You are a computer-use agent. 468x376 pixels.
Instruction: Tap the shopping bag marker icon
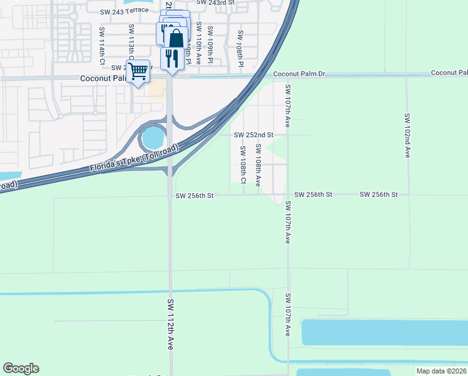point(176,38)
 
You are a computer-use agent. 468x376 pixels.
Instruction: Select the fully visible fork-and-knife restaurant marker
point(171,58)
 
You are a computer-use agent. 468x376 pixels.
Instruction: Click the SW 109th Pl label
point(210,44)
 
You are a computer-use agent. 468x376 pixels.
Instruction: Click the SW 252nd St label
point(253,135)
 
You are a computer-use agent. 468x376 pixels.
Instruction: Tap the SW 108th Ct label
point(243,161)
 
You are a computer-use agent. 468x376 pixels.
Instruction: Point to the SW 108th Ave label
point(258,165)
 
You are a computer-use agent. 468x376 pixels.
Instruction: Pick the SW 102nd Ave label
point(407,135)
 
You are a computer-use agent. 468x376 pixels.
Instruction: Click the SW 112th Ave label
point(170,324)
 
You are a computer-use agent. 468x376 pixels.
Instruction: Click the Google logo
point(21,368)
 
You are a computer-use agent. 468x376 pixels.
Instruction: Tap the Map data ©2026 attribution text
point(441,371)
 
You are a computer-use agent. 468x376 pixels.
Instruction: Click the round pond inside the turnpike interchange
point(153,136)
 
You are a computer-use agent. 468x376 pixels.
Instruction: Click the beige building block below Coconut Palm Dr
point(157,88)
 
